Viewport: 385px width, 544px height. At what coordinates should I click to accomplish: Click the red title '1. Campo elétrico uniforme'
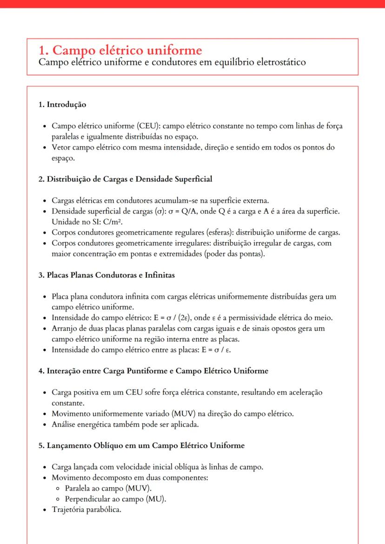(120, 50)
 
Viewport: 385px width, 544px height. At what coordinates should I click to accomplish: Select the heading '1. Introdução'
(62, 105)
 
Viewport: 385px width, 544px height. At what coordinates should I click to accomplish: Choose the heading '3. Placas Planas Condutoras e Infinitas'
(106, 275)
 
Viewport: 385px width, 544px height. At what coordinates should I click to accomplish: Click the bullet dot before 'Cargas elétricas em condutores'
(44, 201)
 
